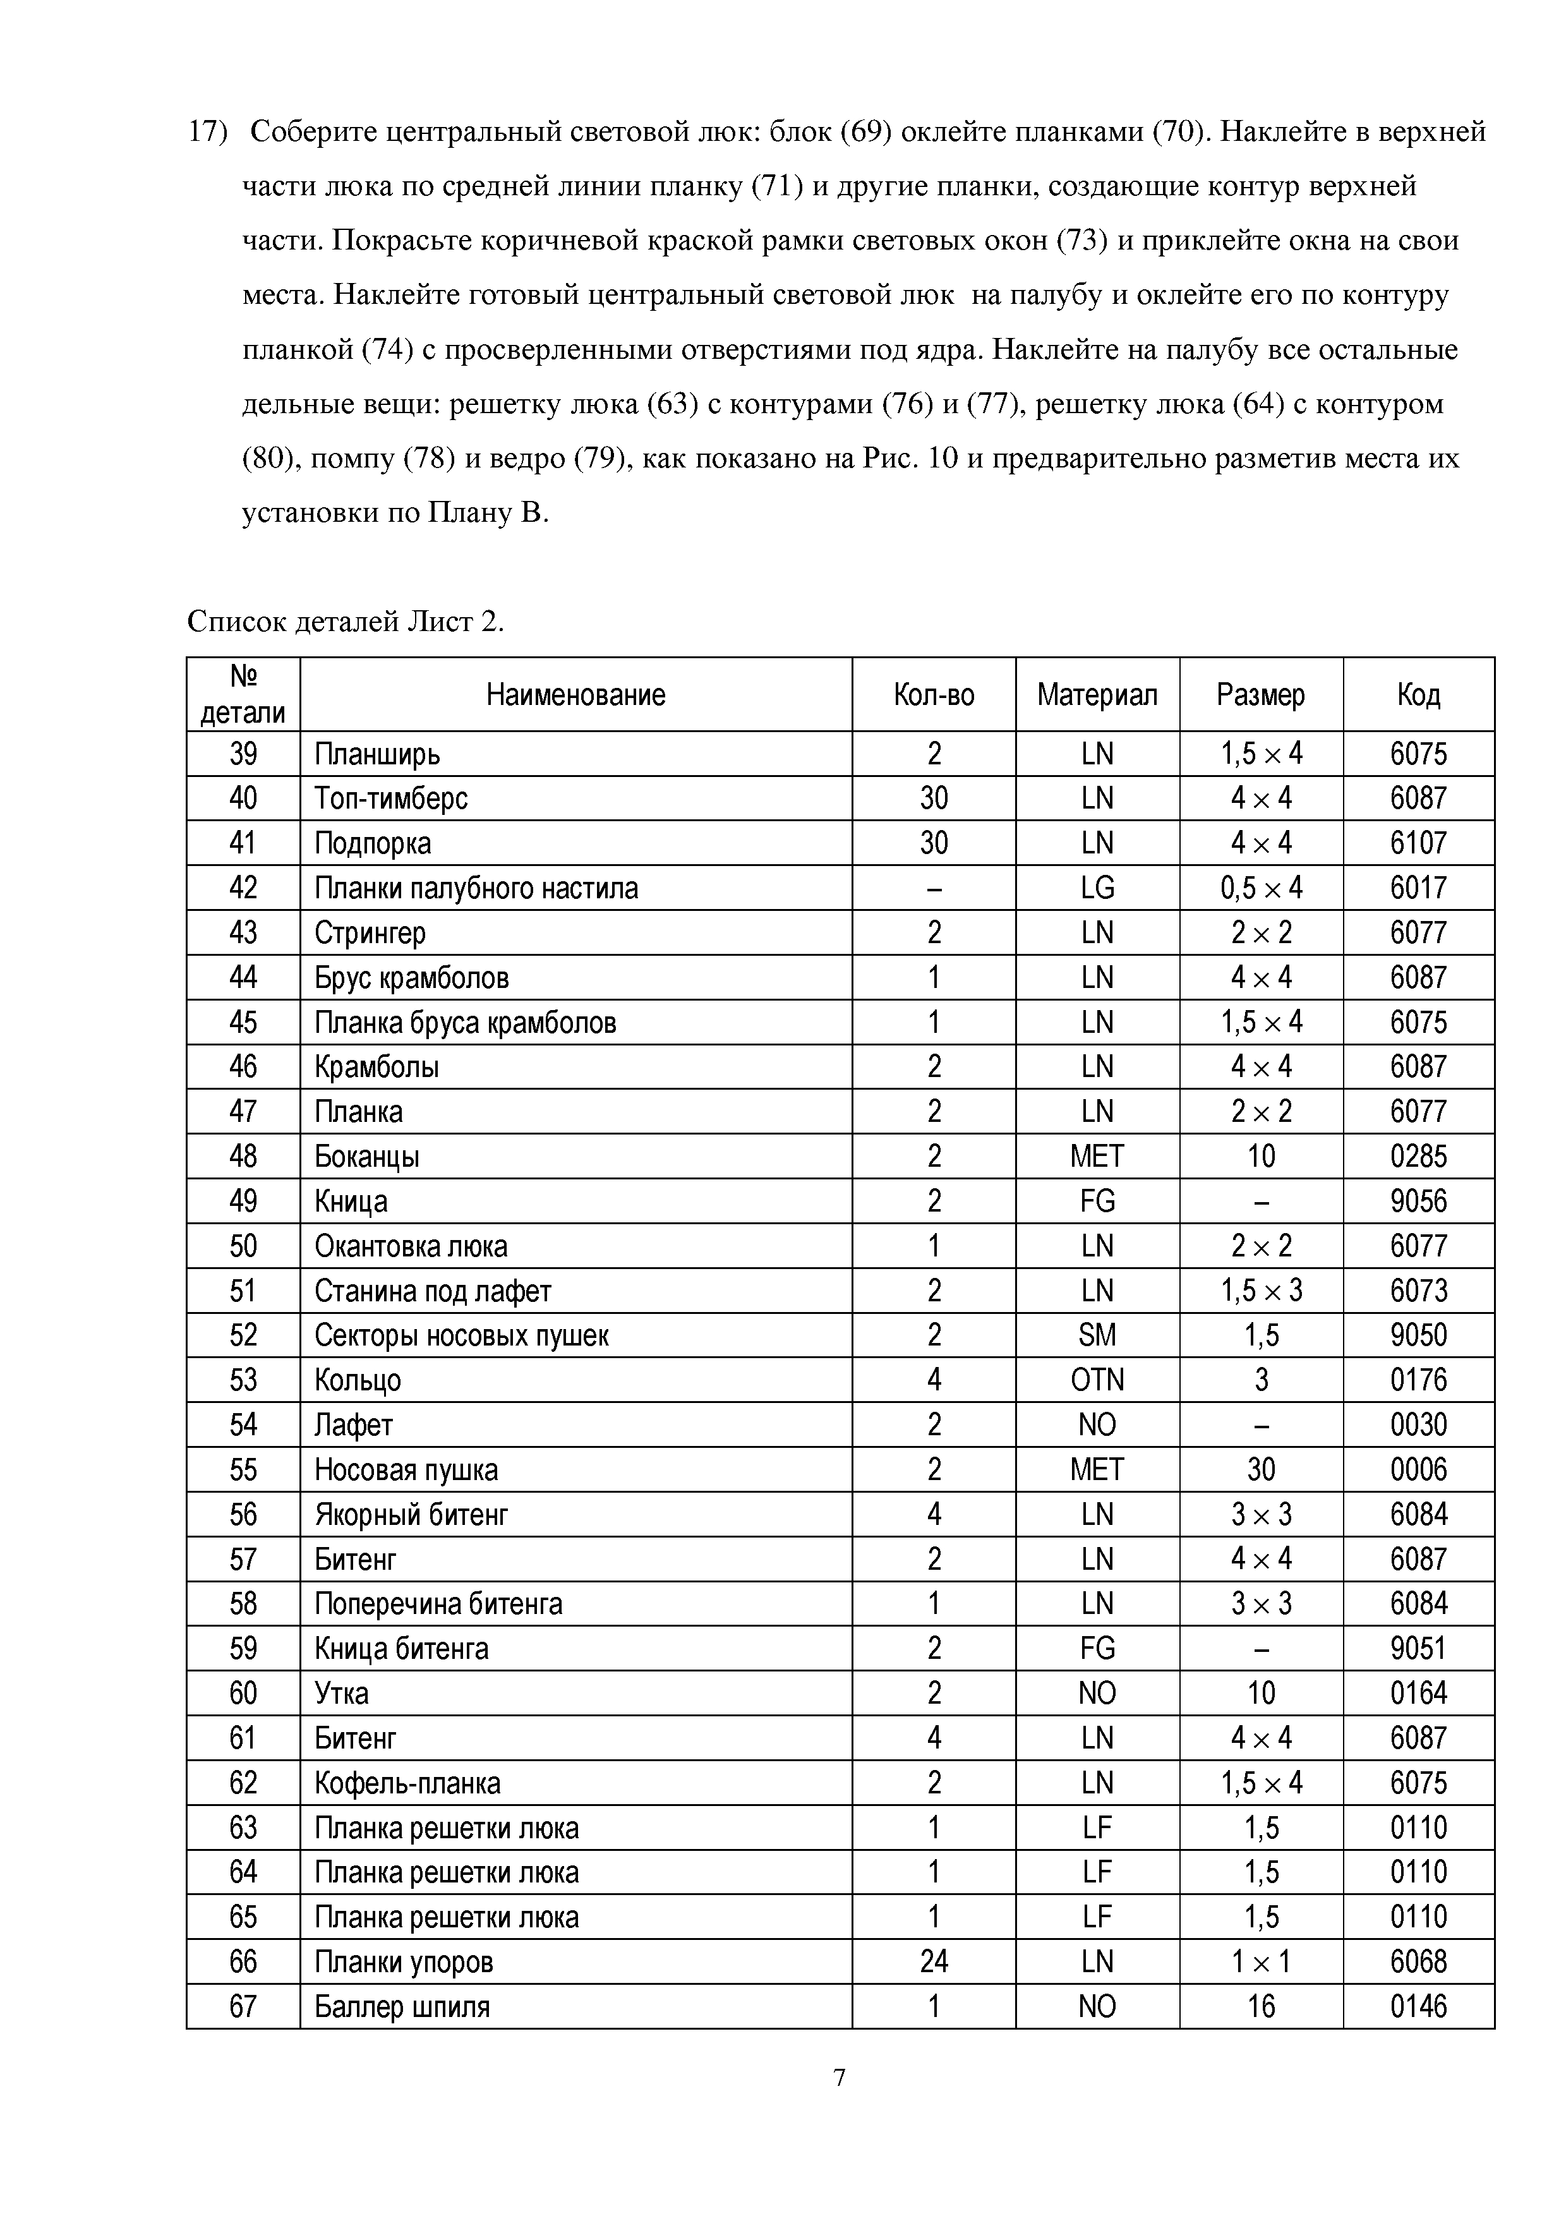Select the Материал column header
click(1097, 695)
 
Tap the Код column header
click(1418, 695)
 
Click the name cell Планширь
click(377, 754)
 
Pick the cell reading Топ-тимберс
click(391, 798)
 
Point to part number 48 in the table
click(243, 1156)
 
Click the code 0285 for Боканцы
click(1418, 1156)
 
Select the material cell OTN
click(1097, 1380)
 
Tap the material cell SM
click(1097, 1336)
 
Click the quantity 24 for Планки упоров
click(934, 1962)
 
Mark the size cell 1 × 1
click(1261, 1962)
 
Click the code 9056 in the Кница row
click(1418, 1201)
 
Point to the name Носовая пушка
click(406, 1470)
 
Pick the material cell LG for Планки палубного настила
click(1097, 888)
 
